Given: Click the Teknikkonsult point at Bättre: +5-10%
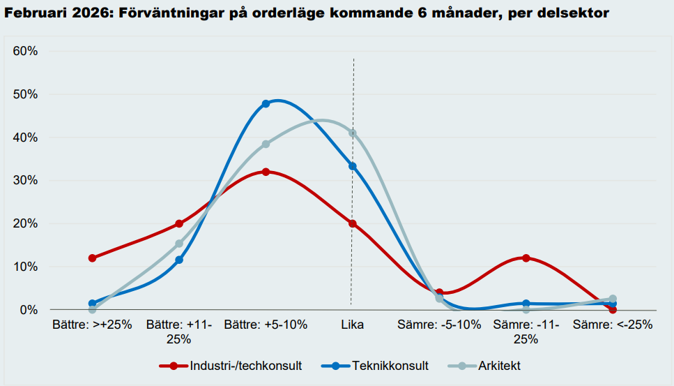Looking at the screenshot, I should [266, 104].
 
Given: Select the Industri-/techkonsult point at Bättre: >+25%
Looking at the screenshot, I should [92, 258].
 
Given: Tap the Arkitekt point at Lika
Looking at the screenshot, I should [353, 133].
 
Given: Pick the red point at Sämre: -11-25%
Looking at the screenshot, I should [526, 258].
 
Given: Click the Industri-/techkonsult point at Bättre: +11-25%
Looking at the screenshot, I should [179, 224].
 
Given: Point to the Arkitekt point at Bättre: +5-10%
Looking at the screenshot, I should [266, 144].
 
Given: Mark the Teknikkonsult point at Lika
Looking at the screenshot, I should [353, 166].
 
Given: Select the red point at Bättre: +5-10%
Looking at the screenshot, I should [266, 172].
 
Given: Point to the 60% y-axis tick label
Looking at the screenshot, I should [25, 52].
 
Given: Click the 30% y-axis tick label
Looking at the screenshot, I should [25, 181].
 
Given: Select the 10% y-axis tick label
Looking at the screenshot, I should [25, 267].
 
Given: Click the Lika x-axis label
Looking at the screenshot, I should [353, 325].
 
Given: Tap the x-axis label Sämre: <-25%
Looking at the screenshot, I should [613, 325].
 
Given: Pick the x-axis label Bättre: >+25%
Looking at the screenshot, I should [92, 325].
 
